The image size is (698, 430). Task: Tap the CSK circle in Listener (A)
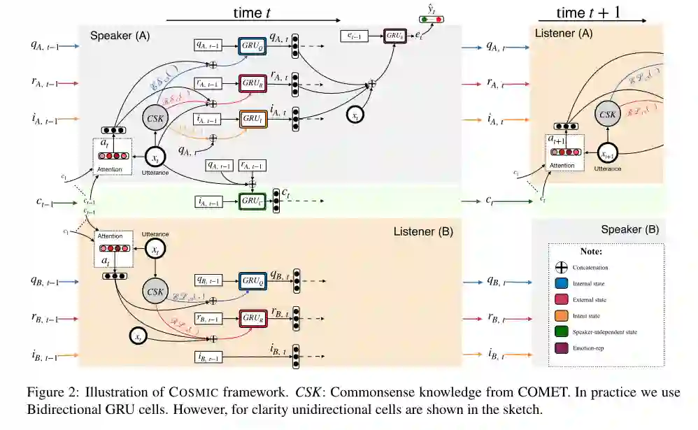point(608,113)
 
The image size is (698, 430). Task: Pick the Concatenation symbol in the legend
point(560,268)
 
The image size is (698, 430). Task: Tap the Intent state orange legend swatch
point(560,315)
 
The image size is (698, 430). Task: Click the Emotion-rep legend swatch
point(560,347)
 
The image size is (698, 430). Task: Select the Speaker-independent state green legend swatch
point(560,331)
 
